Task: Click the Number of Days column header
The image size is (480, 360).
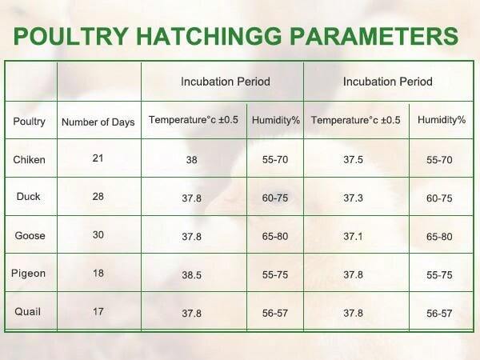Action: pos(98,122)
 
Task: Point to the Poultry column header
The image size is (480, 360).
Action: pos(30,122)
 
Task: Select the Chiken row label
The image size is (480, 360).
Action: pos(30,160)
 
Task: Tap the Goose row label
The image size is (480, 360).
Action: pos(30,235)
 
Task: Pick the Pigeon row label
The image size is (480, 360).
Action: pos(29,274)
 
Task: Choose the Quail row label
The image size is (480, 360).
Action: pos(27,312)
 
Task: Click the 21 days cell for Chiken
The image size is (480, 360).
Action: pos(98,158)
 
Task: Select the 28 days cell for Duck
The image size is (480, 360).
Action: pos(98,196)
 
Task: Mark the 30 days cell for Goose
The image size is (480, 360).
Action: pos(98,234)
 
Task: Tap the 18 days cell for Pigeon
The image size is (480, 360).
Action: pos(98,273)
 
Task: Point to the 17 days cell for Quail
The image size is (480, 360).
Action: pos(98,311)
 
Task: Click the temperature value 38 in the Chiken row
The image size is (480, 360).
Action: pos(192,160)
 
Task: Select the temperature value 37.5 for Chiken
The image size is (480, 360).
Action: pos(353,160)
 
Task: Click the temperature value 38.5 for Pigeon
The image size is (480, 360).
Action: pos(192,274)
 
